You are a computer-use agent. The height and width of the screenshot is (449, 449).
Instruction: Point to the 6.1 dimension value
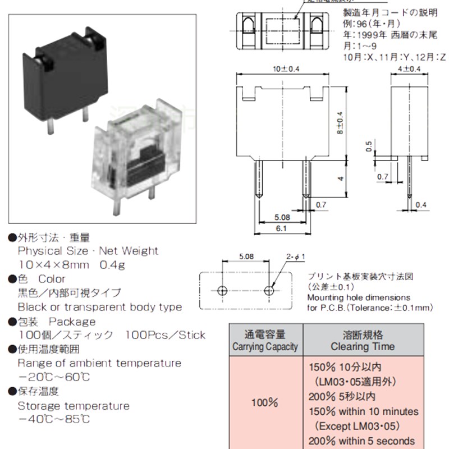click(282, 228)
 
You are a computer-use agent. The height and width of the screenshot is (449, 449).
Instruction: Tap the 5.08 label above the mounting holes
click(245, 256)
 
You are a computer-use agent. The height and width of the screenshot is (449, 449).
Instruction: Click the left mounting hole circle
click(222, 291)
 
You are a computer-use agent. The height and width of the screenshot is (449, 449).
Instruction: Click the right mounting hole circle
click(271, 291)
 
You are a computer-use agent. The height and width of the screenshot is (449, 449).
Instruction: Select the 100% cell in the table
click(265, 403)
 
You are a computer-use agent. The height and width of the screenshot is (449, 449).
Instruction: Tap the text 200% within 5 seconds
click(362, 441)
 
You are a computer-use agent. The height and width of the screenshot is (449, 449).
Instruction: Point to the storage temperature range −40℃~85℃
click(54, 419)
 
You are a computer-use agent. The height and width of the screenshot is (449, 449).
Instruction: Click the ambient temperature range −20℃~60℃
click(54, 377)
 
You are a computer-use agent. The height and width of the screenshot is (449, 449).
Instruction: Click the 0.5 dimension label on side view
click(369, 147)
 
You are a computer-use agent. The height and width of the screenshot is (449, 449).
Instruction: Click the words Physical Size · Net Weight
click(88, 251)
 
